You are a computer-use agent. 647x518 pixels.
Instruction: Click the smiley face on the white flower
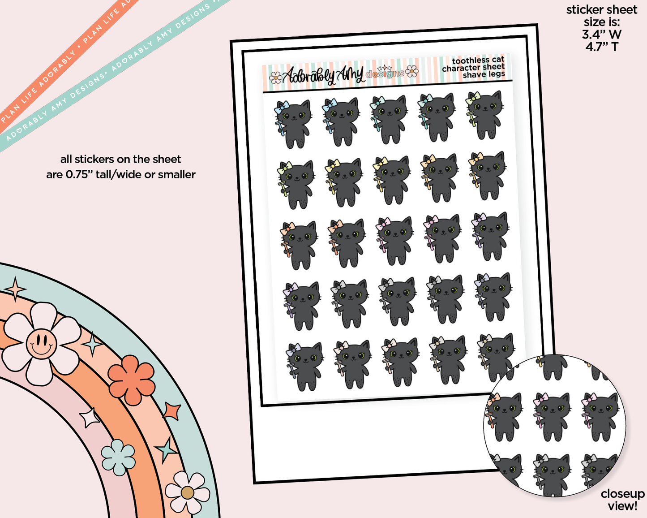point(41,343)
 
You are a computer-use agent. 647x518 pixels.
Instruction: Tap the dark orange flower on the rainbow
point(132,380)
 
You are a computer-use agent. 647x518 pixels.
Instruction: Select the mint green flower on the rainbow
point(118,457)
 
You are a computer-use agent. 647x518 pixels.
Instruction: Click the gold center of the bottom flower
point(187,493)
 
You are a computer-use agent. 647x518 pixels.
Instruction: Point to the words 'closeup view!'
point(622,500)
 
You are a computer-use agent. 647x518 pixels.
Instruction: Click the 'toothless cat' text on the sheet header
point(478,60)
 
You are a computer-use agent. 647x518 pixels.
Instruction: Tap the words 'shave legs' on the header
point(484,75)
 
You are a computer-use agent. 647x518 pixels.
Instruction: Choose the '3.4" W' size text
point(601,34)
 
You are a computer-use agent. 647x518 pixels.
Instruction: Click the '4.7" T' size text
point(601,47)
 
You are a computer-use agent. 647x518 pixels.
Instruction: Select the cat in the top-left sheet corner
point(293,123)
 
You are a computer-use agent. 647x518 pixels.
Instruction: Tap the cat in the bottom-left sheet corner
point(304,367)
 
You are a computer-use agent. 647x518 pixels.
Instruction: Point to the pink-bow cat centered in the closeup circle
point(551,417)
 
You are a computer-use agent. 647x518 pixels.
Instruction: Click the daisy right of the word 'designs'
point(412,71)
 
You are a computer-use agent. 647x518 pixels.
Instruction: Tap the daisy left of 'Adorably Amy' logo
point(275,78)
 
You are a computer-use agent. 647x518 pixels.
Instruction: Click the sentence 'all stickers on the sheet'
point(120,159)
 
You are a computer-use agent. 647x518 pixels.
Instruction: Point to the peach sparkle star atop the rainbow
point(16,289)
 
